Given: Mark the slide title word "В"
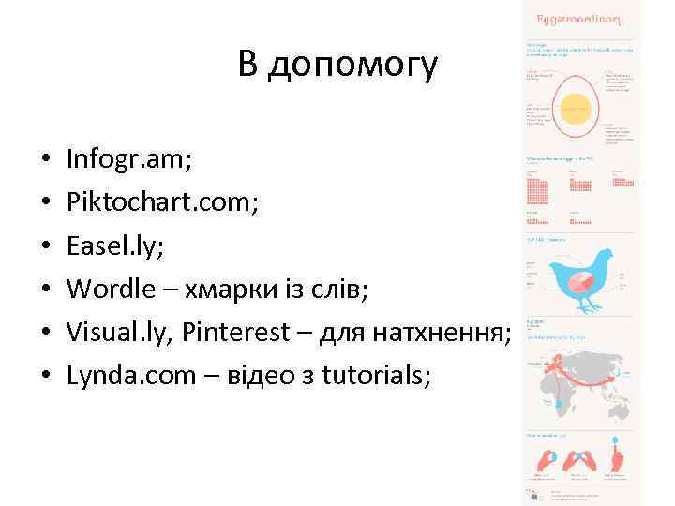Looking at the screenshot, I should point(247,66).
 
